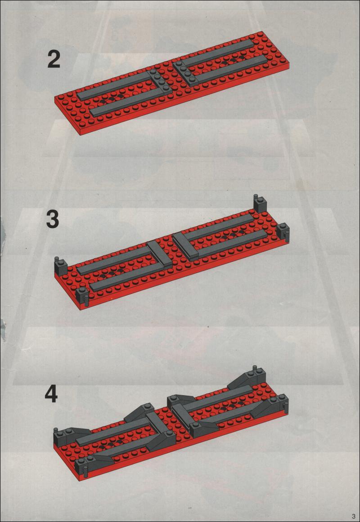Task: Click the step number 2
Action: (x=54, y=59)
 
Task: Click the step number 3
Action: (x=53, y=219)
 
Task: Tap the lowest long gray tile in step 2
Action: (x=126, y=103)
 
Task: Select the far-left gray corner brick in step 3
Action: (x=61, y=266)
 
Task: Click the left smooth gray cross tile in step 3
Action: (x=159, y=254)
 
